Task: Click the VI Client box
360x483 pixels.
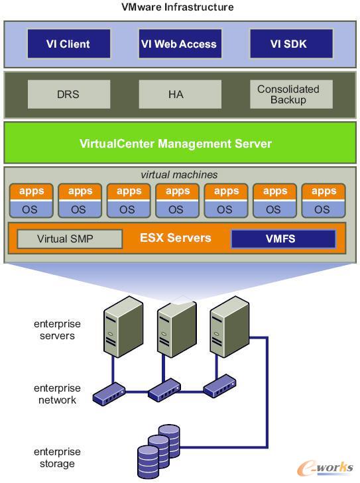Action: pos(69,44)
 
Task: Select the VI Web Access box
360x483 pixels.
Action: pos(180,44)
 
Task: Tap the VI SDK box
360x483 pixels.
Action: pos(291,44)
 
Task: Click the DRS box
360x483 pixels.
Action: pos(69,94)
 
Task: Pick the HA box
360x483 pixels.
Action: pos(180,94)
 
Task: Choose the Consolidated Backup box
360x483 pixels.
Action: pos(291,94)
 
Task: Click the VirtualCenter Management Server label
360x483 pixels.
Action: pos(176,144)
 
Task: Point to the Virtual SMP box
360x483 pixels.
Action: pos(70,239)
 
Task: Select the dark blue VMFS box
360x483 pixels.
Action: pos(283,239)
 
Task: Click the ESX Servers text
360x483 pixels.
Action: pos(176,238)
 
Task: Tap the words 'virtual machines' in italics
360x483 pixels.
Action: pos(179,175)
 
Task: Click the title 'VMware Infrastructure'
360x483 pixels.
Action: pos(178,7)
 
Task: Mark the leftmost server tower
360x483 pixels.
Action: pos(123,327)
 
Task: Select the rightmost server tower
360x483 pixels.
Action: pos(229,327)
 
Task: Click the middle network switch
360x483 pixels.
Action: pos(164,390)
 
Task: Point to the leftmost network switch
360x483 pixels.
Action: pos(109,394)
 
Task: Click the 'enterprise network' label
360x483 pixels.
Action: pos(57,394)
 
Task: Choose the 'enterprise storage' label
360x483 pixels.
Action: pos(57,457)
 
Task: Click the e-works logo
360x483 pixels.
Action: pos(325,468)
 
